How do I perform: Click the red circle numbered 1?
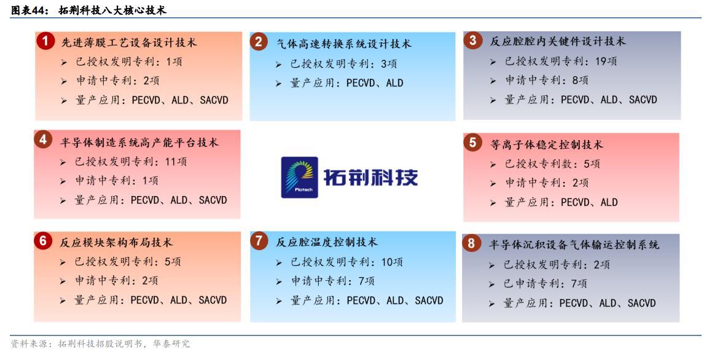tap(45, 41)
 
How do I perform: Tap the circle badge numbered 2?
tap(259, 42)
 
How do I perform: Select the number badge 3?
tap(472, 41)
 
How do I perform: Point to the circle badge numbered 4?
tap(43, 139)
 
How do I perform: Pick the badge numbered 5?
tap(472, 143)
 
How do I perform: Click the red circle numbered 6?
tap(43, 241)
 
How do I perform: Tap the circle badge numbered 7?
tap(259, 240)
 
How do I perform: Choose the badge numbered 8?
tap(471, 243)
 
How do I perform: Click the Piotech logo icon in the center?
tap(299, 177)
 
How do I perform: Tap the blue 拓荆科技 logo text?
tap(370, 177)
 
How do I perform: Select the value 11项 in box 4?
tap(176, 162)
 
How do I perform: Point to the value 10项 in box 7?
tap(392, 262)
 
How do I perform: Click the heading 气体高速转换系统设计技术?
tap(344, 44)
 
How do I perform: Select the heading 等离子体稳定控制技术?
tap(547, 144)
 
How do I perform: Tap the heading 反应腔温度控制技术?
tap(327, 242)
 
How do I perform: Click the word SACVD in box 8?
tap(641, 303)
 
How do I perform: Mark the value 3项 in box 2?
tap(389, 64)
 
